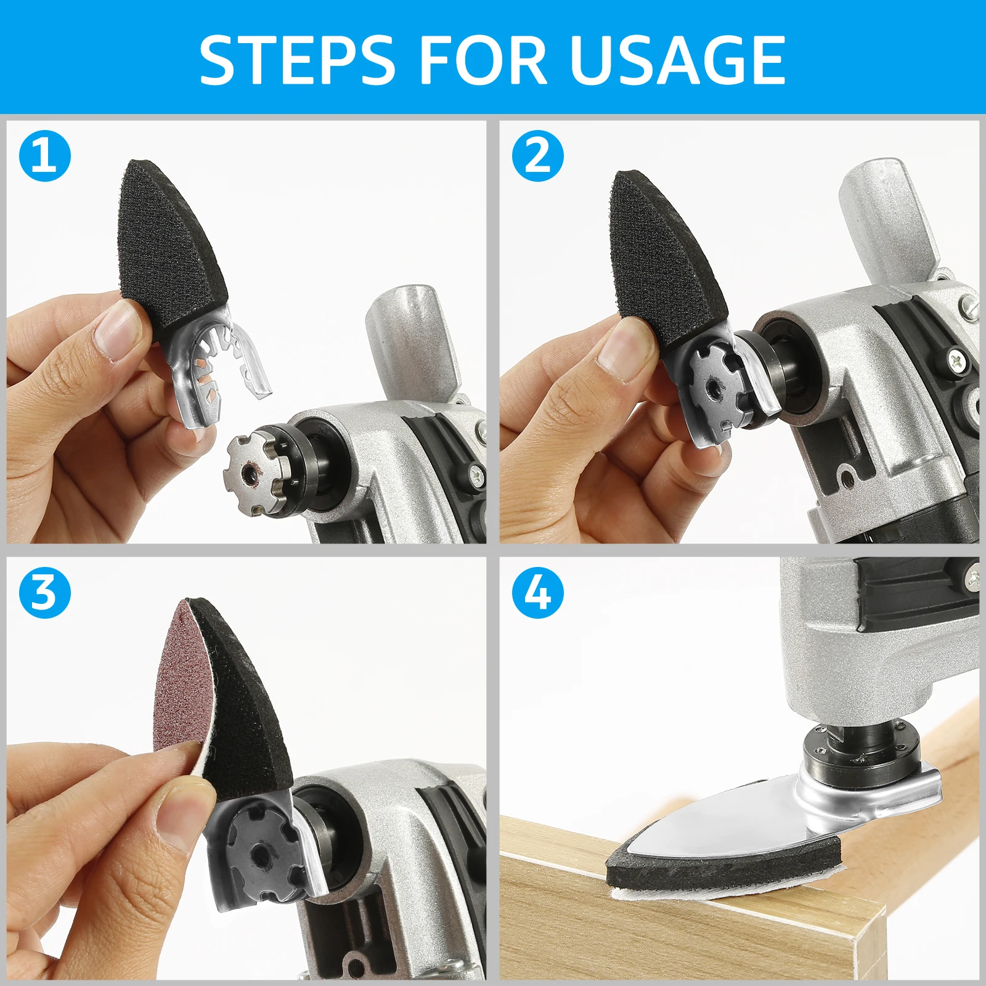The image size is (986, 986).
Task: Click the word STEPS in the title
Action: tap(296, 59)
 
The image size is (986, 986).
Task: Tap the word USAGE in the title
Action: tap(678, 59)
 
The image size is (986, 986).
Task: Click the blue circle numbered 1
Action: tap(45, 155)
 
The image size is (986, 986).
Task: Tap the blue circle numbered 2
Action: tap(538, 155)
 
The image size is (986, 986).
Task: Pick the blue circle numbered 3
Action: tap(45, 593)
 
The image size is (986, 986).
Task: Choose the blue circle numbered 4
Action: tap(538, 593)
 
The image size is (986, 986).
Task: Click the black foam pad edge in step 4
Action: tap(721, 866)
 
